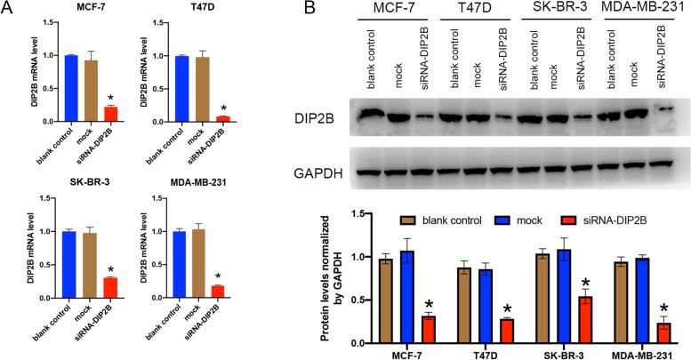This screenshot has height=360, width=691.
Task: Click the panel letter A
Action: click(x=8, y=9)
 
